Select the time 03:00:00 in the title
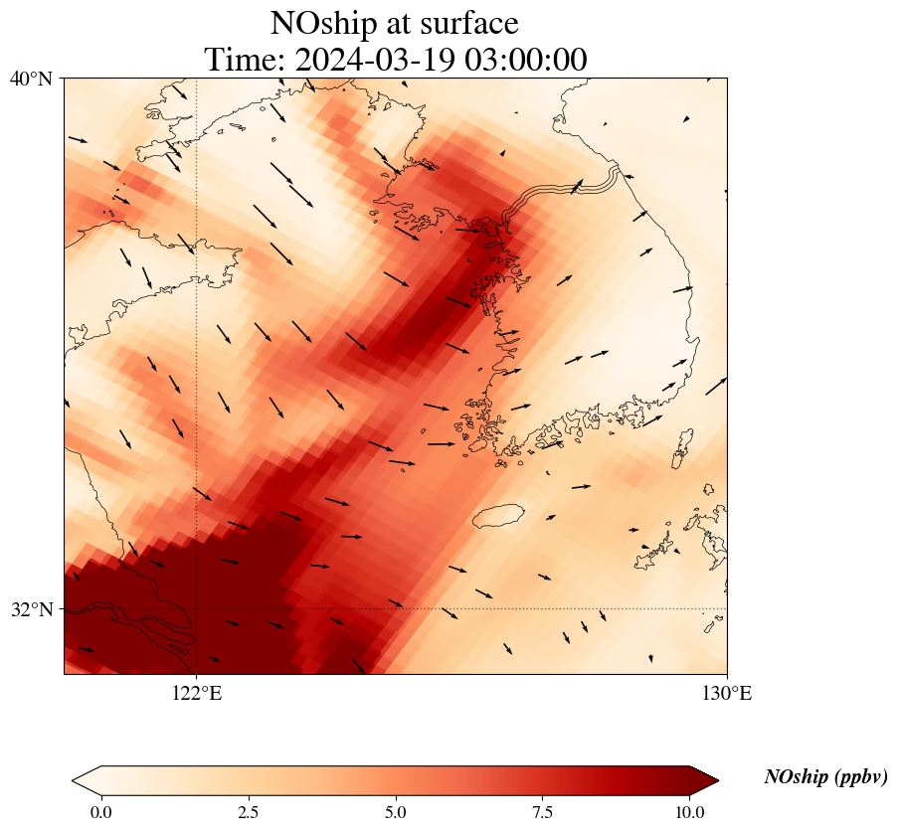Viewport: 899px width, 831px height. tap(520, 60)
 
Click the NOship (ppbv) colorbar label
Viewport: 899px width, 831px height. tap(825, 777)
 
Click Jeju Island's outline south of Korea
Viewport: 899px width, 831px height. tap(498, 516)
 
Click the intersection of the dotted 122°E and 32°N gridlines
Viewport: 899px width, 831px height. tap(197, 608)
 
